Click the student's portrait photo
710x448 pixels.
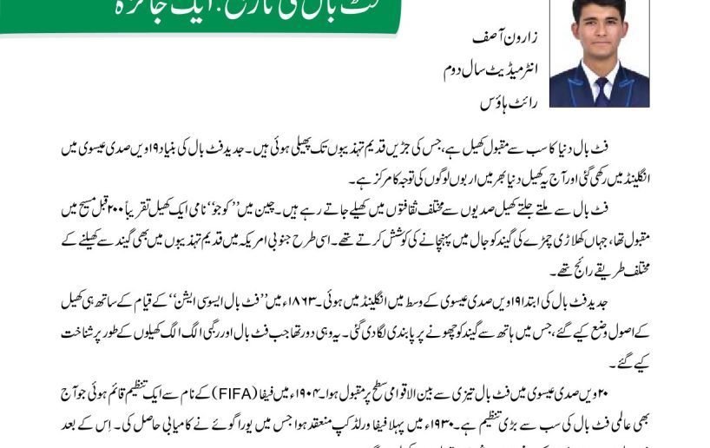tap(599, 54)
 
